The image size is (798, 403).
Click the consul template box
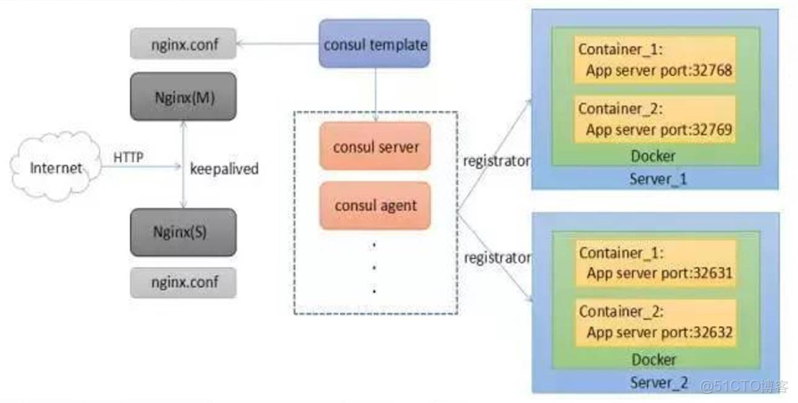click(x=375, y=45)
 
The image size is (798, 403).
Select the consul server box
click(x=375, y=147)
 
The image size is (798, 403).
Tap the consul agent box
click(x=375, y=206)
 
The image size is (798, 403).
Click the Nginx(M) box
click(x=183, y=97)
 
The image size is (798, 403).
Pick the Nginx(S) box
click(x=183, y=232)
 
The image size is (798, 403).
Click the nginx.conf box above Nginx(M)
click(x=183, y=42)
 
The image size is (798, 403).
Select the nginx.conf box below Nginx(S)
click(x=183, y=282)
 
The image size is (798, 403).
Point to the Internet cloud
click(x=56, y=167)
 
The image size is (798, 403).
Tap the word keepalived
click(x=224, y=167)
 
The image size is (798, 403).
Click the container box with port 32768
click(x=655, y=60)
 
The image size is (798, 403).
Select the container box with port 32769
click(x=655, y=120)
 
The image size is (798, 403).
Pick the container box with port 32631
click(x=655, y=262)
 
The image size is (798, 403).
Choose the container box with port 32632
click(x=655, y=322)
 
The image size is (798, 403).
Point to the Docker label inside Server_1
click(x=655, y=156)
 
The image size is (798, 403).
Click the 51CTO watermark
click(x=745, y=386)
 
